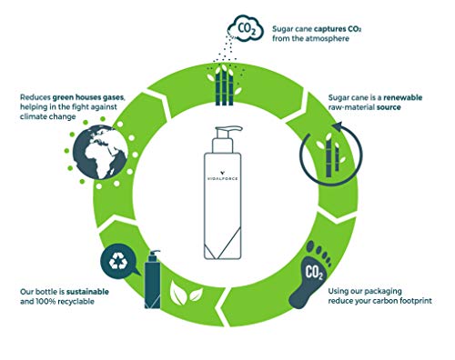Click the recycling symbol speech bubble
[118, 259]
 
